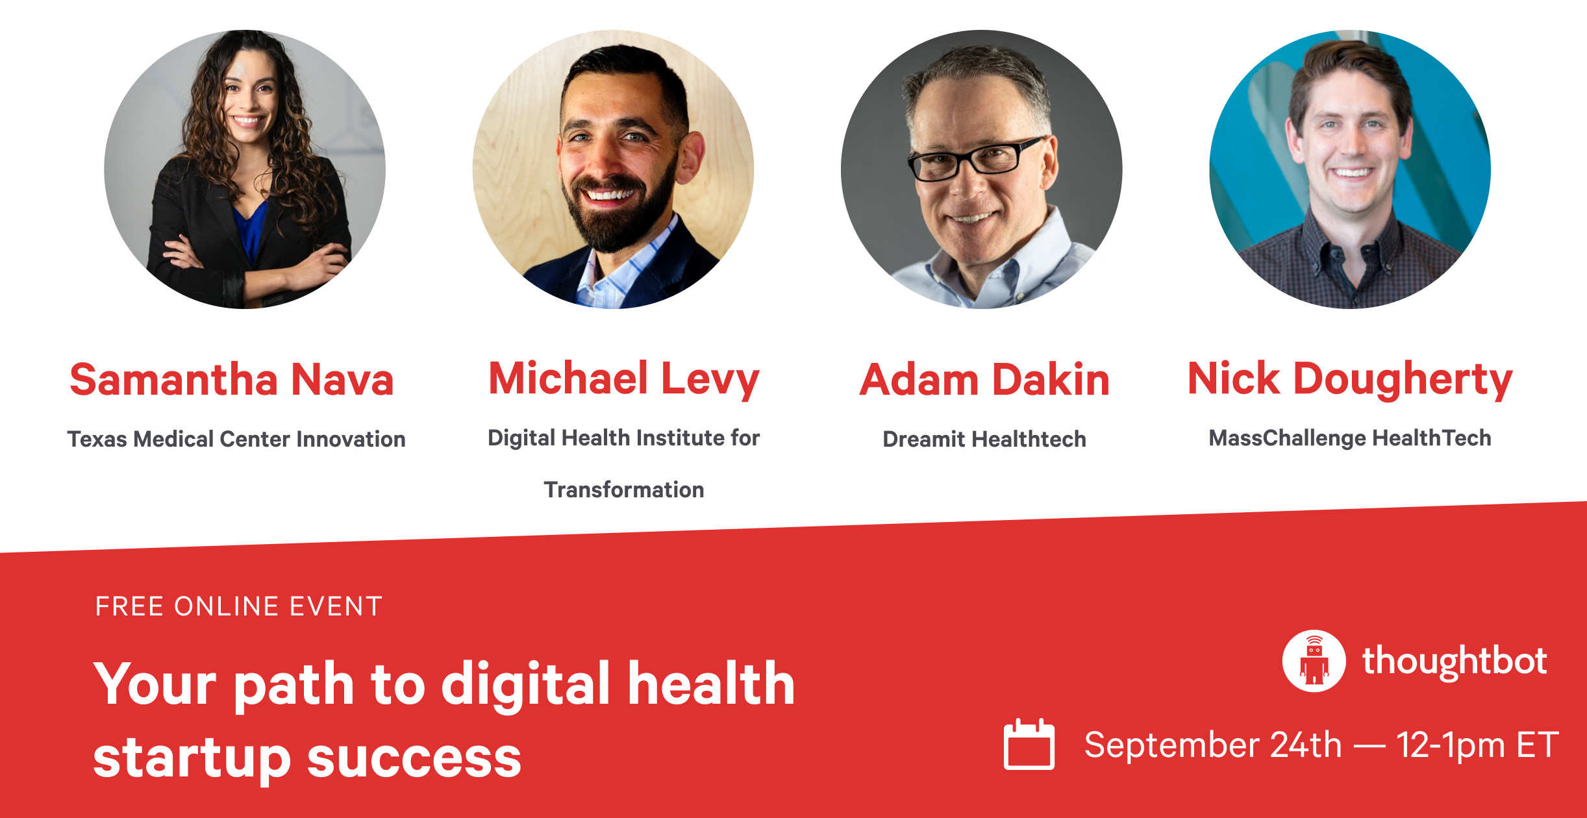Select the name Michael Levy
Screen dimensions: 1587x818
coord(624,379)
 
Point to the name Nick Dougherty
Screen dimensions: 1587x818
coord(1350,379)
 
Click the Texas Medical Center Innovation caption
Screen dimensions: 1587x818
coord(236,439)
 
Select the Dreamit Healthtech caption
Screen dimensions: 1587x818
coord(984,439)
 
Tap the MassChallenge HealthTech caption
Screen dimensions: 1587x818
coord(1350,438)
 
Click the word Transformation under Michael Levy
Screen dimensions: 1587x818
coord(624,490)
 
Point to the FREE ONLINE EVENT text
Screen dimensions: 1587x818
coord(239,606)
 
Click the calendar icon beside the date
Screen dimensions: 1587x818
coord(1029,744)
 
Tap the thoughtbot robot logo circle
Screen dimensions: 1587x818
coord(1314,661)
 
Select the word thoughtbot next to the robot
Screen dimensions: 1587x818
coord(1455,662)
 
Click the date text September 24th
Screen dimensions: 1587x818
coord(1213,745)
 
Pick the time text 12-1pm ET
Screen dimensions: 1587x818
coord(1477,745)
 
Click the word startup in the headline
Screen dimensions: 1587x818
coord(192,758)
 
